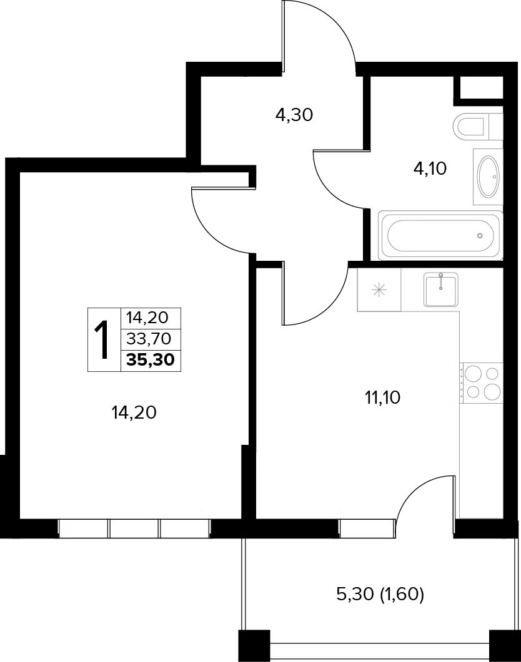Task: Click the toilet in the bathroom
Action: coord(477,125)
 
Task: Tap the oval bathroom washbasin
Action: coord(488,177)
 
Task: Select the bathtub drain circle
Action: coord(480,235)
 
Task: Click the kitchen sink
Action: coord(441,290)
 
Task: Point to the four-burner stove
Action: coord(481,382)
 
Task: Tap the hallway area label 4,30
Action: coord(294,114)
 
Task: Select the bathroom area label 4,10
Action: coord(430,169)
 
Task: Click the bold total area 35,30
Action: coord(151,360)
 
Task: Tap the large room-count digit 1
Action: coord(101,339)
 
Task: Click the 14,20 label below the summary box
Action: coord(134,412)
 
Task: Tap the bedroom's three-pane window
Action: coord(134,528)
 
